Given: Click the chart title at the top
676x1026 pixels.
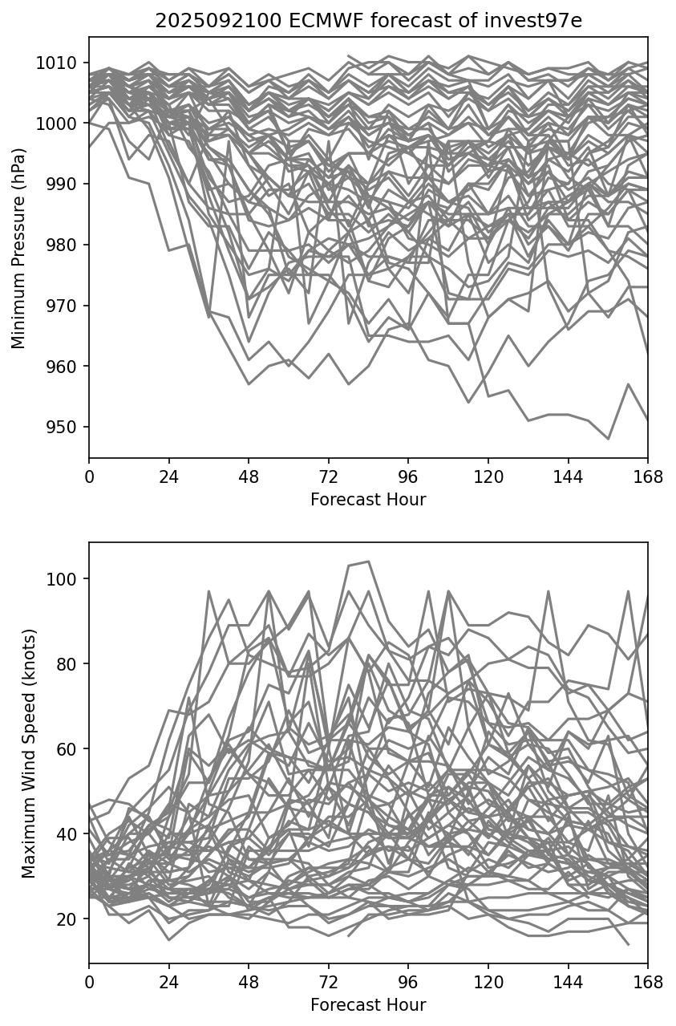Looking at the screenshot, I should click(x=368, y=21).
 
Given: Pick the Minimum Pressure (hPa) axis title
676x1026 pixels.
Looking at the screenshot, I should click(x=18, y=248).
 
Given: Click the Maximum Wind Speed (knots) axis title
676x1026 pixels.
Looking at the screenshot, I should click(x=29, y=753).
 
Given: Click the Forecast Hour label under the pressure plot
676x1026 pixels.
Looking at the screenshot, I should click(x=368, y=500).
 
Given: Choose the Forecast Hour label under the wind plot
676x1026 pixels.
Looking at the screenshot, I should click(x=368, y=1005).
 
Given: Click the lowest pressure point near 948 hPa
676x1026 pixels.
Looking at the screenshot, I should click(x=608, y=439).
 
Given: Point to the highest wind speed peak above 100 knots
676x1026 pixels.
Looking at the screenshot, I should click(x=368, y=562).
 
